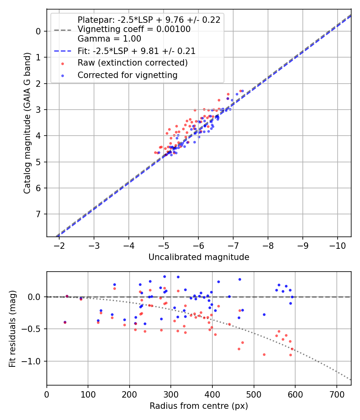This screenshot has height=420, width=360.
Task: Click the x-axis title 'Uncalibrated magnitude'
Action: pos(199,257)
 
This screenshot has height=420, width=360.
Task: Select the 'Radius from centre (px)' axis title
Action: pos(199,406)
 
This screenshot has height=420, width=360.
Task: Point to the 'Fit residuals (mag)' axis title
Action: pos(13,328)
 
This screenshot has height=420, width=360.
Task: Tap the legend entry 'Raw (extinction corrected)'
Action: pos(132,63)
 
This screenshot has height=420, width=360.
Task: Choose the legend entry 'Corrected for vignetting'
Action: pos(127,75)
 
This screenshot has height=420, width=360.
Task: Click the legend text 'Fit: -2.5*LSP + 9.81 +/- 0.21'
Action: pos(136,51)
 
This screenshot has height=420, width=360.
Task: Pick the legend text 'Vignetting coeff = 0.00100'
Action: pos(134,29)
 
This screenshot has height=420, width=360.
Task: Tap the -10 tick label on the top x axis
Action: pos(337,245)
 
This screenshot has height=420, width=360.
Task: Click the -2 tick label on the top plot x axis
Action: pos(59,245)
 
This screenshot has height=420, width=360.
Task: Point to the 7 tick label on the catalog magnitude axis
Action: pos(39,214)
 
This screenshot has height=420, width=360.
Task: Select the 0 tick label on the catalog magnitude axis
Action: pos(39,31)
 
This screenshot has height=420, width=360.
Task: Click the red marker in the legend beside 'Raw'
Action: pos(62,63)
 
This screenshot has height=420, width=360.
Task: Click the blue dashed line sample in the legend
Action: pos(62,51)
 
